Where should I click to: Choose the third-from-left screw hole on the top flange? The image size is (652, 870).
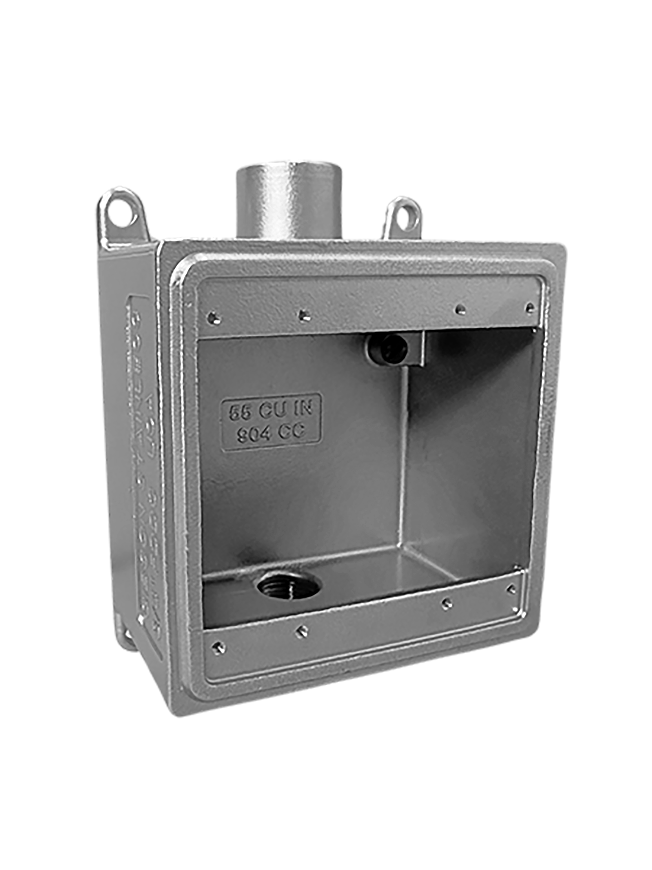[x=458, y=309]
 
